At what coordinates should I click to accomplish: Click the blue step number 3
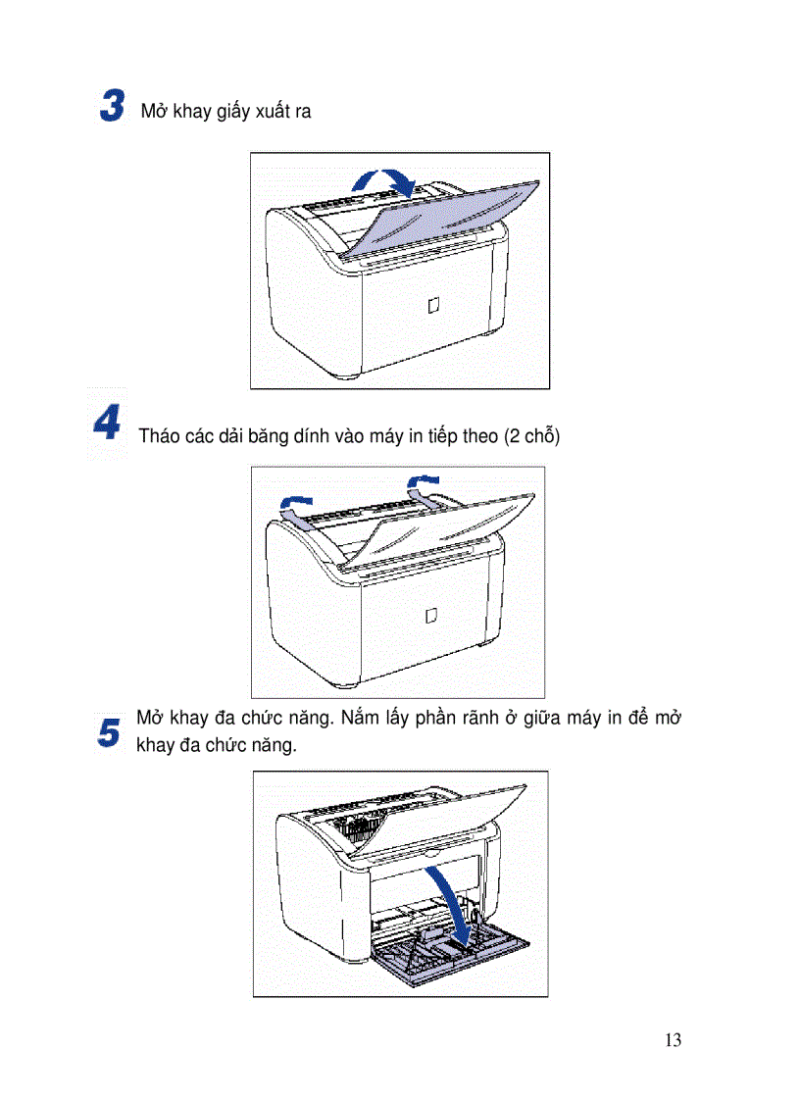point(113,106)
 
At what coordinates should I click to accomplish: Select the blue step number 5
point(110,732)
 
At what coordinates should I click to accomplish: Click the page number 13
point(672,1040)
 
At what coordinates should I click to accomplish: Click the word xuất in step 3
point(274,112)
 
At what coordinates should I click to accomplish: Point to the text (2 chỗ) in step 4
point(530,436)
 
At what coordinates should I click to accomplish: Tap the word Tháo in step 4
point(160,436)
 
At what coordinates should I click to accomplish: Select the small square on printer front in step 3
point(433,306)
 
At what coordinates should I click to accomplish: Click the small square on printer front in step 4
point(431,616)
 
